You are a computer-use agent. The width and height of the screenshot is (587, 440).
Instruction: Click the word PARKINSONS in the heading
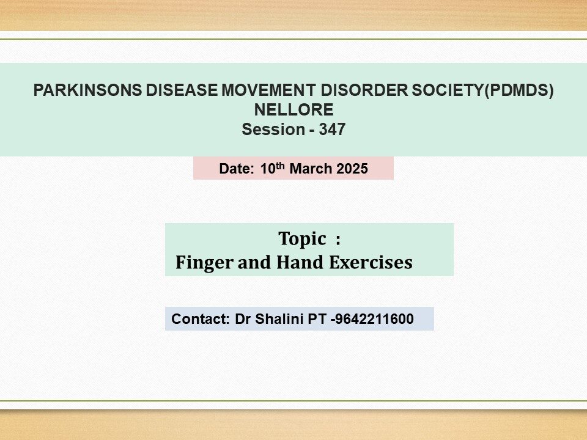87,90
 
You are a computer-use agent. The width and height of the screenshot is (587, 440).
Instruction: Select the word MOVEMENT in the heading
268,90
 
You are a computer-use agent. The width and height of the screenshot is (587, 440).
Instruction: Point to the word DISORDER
364,90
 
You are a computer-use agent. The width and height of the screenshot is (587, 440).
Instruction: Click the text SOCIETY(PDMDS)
482,90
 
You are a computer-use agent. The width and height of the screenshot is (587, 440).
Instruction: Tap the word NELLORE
294,110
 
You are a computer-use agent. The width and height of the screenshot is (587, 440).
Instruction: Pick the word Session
273,130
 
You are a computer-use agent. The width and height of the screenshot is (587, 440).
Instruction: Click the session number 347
332,130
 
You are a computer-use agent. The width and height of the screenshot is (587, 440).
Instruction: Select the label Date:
237,169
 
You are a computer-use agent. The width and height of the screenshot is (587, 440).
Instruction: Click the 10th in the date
273,168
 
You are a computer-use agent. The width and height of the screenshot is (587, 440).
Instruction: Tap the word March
311,169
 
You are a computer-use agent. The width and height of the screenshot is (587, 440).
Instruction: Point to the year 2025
352,169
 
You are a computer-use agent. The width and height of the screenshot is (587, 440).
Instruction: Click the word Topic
302,239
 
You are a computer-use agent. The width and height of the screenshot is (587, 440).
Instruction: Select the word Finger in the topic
204,262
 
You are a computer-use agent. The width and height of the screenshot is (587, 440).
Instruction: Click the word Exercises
371,262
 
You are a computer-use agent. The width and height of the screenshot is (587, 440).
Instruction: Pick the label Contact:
201,319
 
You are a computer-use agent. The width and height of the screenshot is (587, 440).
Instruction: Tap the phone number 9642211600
374,319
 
